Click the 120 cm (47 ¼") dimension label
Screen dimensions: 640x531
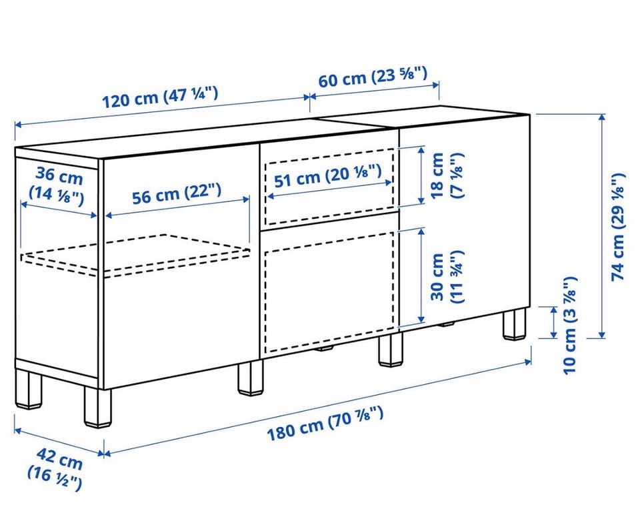[160, 98]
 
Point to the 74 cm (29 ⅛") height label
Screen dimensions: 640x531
[618, 227]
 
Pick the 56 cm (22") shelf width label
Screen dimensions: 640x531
[177, 193]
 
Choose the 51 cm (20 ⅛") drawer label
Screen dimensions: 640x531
[328, 176]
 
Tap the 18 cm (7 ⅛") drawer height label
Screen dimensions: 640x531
[447, 175]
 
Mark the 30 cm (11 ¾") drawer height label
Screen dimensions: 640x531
[447, 277]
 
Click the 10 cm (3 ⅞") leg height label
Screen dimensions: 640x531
[570, 325]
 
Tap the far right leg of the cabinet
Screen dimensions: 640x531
[514, 324]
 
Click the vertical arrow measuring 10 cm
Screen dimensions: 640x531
[554, 322]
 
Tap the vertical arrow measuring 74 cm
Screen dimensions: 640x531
[601, 226]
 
